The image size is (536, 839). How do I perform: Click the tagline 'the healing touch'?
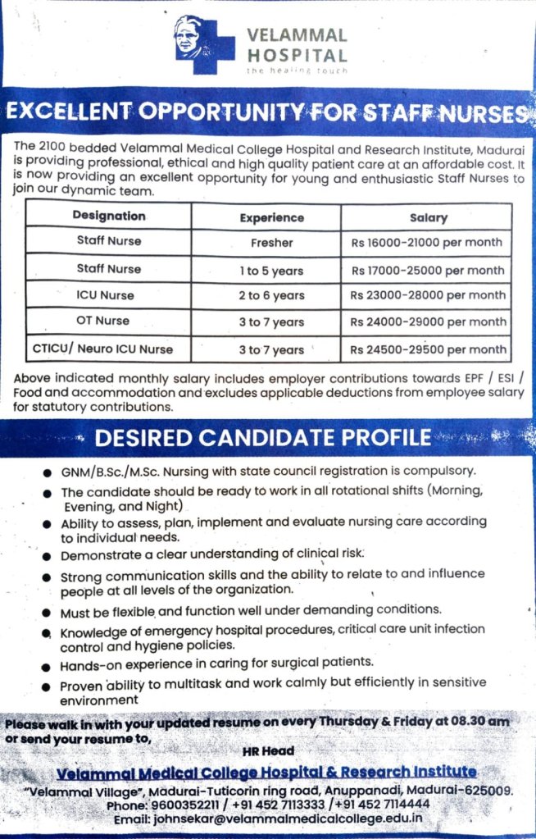pos(297,71)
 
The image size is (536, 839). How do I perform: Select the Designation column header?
pos(109,216)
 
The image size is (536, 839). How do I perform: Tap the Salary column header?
pos(428,217)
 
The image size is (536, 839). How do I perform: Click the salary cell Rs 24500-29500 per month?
pos(429,349)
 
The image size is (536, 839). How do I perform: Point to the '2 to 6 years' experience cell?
pos(271,295)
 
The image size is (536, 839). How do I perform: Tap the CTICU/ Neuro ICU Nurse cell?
pos(103,349)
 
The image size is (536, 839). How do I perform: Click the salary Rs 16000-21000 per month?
pos(427,243)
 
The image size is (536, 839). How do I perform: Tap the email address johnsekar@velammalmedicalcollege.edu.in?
pos(292,818)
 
